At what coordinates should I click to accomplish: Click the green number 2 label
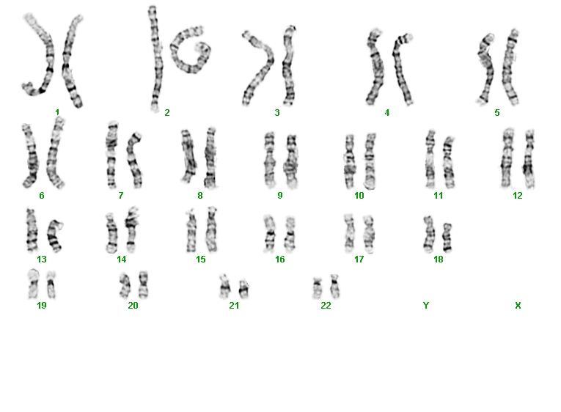167,113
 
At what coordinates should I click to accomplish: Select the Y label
426,306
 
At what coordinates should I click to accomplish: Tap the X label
518,306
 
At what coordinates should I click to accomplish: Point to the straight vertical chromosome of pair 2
155,59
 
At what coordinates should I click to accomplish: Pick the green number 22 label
326,306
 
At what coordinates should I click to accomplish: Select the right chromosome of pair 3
289,66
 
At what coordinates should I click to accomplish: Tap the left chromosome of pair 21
224,286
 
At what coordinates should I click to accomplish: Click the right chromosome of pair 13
54,236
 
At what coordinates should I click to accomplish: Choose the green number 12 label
517,196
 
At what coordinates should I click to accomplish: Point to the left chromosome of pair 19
33,284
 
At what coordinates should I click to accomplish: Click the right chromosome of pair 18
447,237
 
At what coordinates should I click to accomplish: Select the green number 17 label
359,260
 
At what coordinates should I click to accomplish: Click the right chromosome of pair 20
143,284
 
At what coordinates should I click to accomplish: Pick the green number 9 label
280,196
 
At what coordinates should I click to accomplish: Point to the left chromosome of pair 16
269,233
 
